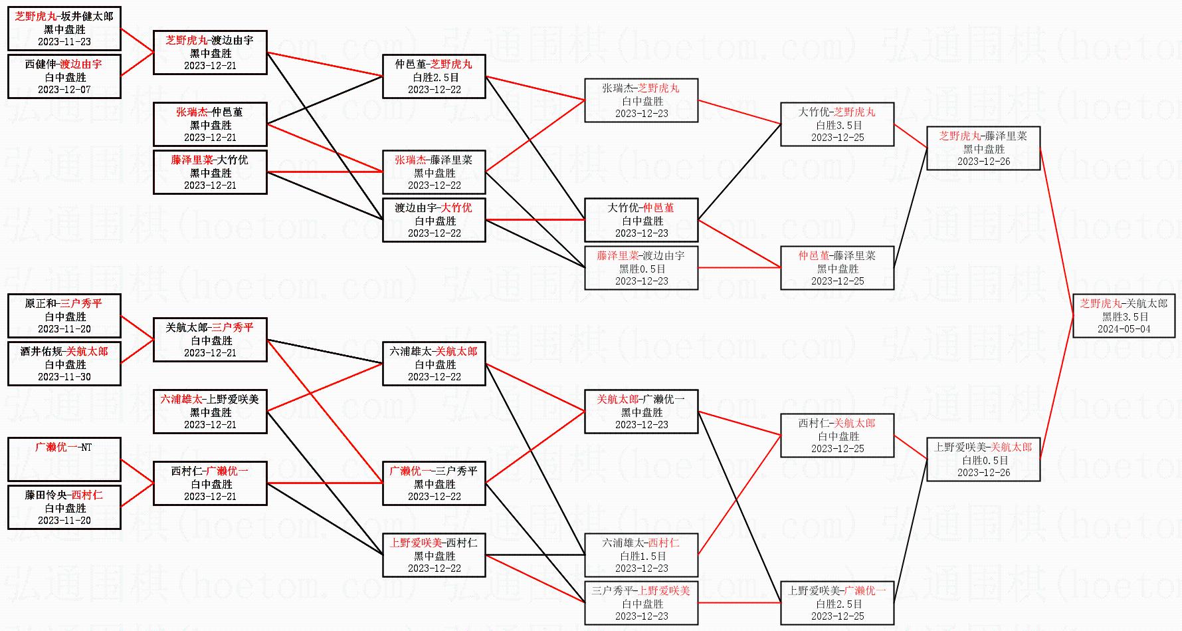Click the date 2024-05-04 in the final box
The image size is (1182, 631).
point(1124,329)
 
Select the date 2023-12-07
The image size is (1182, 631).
point(64,90)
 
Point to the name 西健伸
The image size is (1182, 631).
point(41,64)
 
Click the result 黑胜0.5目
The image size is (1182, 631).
point(642,269)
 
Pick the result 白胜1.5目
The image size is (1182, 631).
point(642,556)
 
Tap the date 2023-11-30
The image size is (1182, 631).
point(64,377)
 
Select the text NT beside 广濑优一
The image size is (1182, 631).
point(86,447)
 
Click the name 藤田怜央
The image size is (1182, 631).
point(46,495)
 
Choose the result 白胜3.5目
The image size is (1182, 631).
point(838,125)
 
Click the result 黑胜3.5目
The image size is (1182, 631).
point(1124,316)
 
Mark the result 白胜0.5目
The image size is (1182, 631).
point(984,460)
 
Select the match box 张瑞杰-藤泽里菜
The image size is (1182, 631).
point(434,172)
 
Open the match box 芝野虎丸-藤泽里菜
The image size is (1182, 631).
point(983,148)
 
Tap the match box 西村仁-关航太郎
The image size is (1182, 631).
point(837,436)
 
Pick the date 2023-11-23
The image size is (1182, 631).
point(64,42)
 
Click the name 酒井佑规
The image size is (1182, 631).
point(41,352)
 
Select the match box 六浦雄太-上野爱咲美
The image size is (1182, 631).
point(210,412)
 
